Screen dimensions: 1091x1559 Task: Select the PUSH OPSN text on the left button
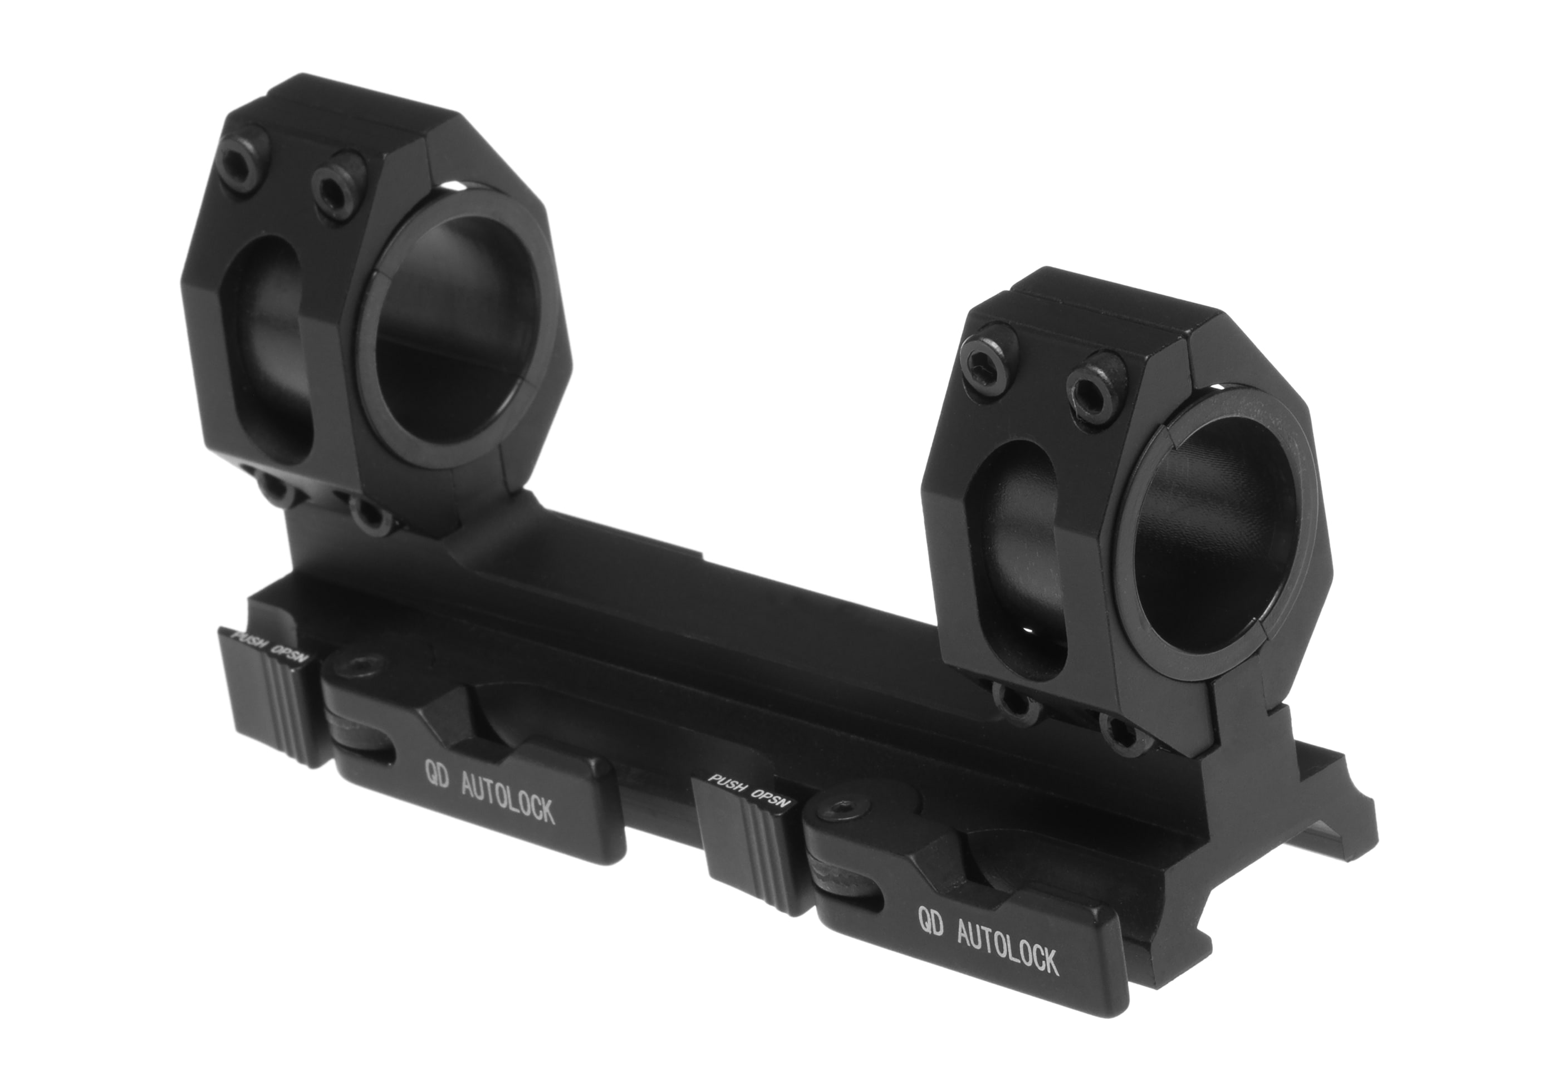click(x=270, y=647)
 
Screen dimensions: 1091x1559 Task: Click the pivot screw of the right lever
click(x=836, y=809)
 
